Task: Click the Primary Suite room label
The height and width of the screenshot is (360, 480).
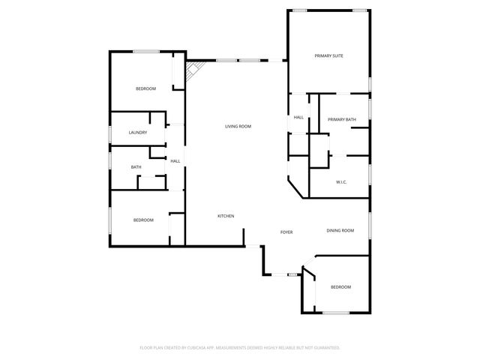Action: (x=328, y=55)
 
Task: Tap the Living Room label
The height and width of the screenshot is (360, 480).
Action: (x=238, y=126)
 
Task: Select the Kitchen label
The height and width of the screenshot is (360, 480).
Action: (x=226, y=216)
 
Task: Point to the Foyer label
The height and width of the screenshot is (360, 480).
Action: (x=286, y=232)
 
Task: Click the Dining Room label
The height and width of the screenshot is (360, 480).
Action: (x=340, y=230)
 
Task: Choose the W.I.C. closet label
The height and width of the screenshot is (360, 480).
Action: (x=340, y=181)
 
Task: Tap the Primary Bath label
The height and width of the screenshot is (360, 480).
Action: (x=341, y=119)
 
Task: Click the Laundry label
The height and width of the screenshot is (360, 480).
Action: (x=137, y=133)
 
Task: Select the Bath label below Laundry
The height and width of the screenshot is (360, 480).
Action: (x=136, y=167)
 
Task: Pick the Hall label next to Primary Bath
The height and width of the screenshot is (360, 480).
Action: (x=298, y=117)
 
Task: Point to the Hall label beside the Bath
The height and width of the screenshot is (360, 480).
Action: (x=175, y=160)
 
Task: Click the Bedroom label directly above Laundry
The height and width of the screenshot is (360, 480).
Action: (x=145, y=88)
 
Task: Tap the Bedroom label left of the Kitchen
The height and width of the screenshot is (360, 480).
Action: (x=143, y=220)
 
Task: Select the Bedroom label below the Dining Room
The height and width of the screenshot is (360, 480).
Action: (x=340, y=287)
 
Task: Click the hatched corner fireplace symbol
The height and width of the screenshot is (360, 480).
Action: (x=192, y=70)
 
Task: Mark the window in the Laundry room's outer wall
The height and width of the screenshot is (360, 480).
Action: (x=111, y=133)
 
